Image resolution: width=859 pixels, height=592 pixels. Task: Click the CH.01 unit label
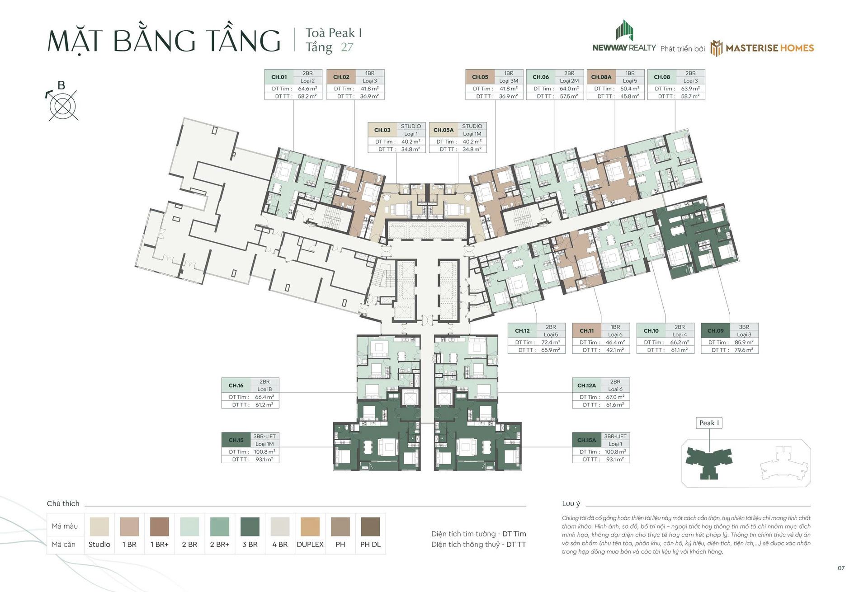pos(279,77)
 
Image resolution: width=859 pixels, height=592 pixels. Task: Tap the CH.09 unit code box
pos(715,330)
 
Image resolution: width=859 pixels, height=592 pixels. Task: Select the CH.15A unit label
pos(586,440)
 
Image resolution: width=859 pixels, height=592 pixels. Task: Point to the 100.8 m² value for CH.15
pos(264,451)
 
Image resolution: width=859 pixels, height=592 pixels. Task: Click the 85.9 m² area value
pos(744,342)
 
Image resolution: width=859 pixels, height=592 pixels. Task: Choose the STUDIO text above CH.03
pos(411,126)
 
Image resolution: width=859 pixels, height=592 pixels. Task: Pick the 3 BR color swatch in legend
pos(250,526)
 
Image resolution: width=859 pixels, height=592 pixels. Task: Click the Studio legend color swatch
pos(99,526)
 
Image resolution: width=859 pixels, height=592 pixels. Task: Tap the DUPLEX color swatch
pos(310,526)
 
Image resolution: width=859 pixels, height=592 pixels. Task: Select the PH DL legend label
pos(370,545)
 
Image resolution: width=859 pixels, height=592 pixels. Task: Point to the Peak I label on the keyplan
pos(709,423)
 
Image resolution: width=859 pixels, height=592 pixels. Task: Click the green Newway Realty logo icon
pos(624,30)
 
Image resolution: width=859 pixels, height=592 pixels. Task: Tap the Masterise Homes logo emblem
pos(716,48)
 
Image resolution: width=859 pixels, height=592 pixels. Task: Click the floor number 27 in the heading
pos(347,47)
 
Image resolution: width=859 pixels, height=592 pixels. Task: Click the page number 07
pos(841,568)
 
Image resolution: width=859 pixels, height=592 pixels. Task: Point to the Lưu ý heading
pos(571,503)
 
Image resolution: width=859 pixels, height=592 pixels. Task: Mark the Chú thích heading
pos(63,503)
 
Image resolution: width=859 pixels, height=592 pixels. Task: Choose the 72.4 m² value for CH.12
pos(551,342)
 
